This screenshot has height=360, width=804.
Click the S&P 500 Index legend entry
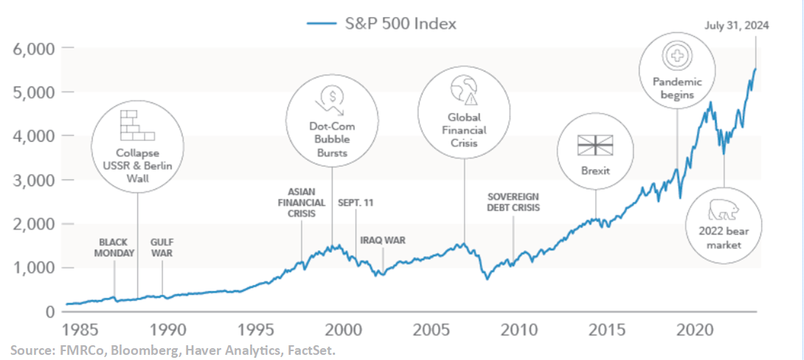tap(381, 24)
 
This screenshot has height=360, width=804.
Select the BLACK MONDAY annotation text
tap(117, 247)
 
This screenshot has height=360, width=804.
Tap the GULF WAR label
tap(162, 247)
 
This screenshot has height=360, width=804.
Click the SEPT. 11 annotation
tap(357, 202)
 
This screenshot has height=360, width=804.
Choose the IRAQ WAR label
tap(383, 240)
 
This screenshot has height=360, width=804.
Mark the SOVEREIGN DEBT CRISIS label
tap(513, 202)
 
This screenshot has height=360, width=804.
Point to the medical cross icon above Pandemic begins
tap(676, 55)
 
